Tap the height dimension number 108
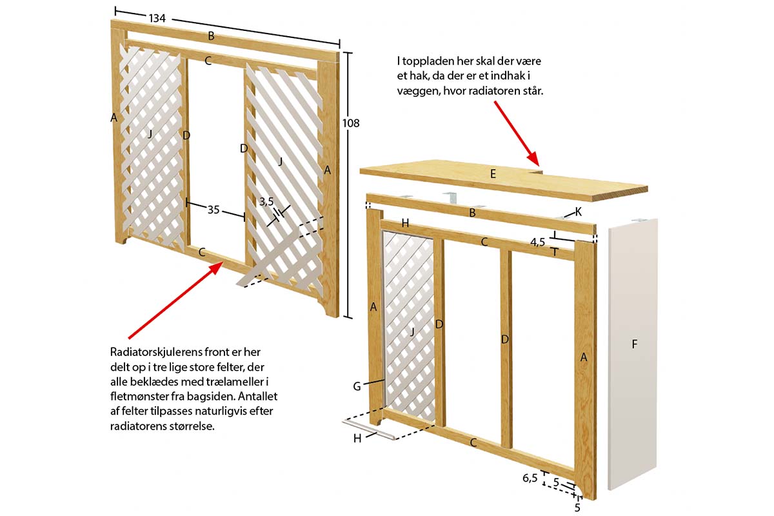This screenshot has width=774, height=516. pyautogui.click(x=351, y=123)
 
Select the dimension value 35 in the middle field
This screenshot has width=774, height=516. pyautogui.click(x=215, y=210)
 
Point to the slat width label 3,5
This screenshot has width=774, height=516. pyautogui.click(x=267, y=201)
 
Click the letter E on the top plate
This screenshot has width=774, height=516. pyautogui.click(x=493, y=174)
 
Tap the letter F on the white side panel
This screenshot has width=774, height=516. pyautogui.click(x=634, y=344)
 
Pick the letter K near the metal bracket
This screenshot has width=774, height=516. pyautogui.click(x=578, y=211)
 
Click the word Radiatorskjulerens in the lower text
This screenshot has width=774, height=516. pyautogui.click(x=150, y=351)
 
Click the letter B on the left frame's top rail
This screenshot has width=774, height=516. pyautogui.click(x=211, y=36)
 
